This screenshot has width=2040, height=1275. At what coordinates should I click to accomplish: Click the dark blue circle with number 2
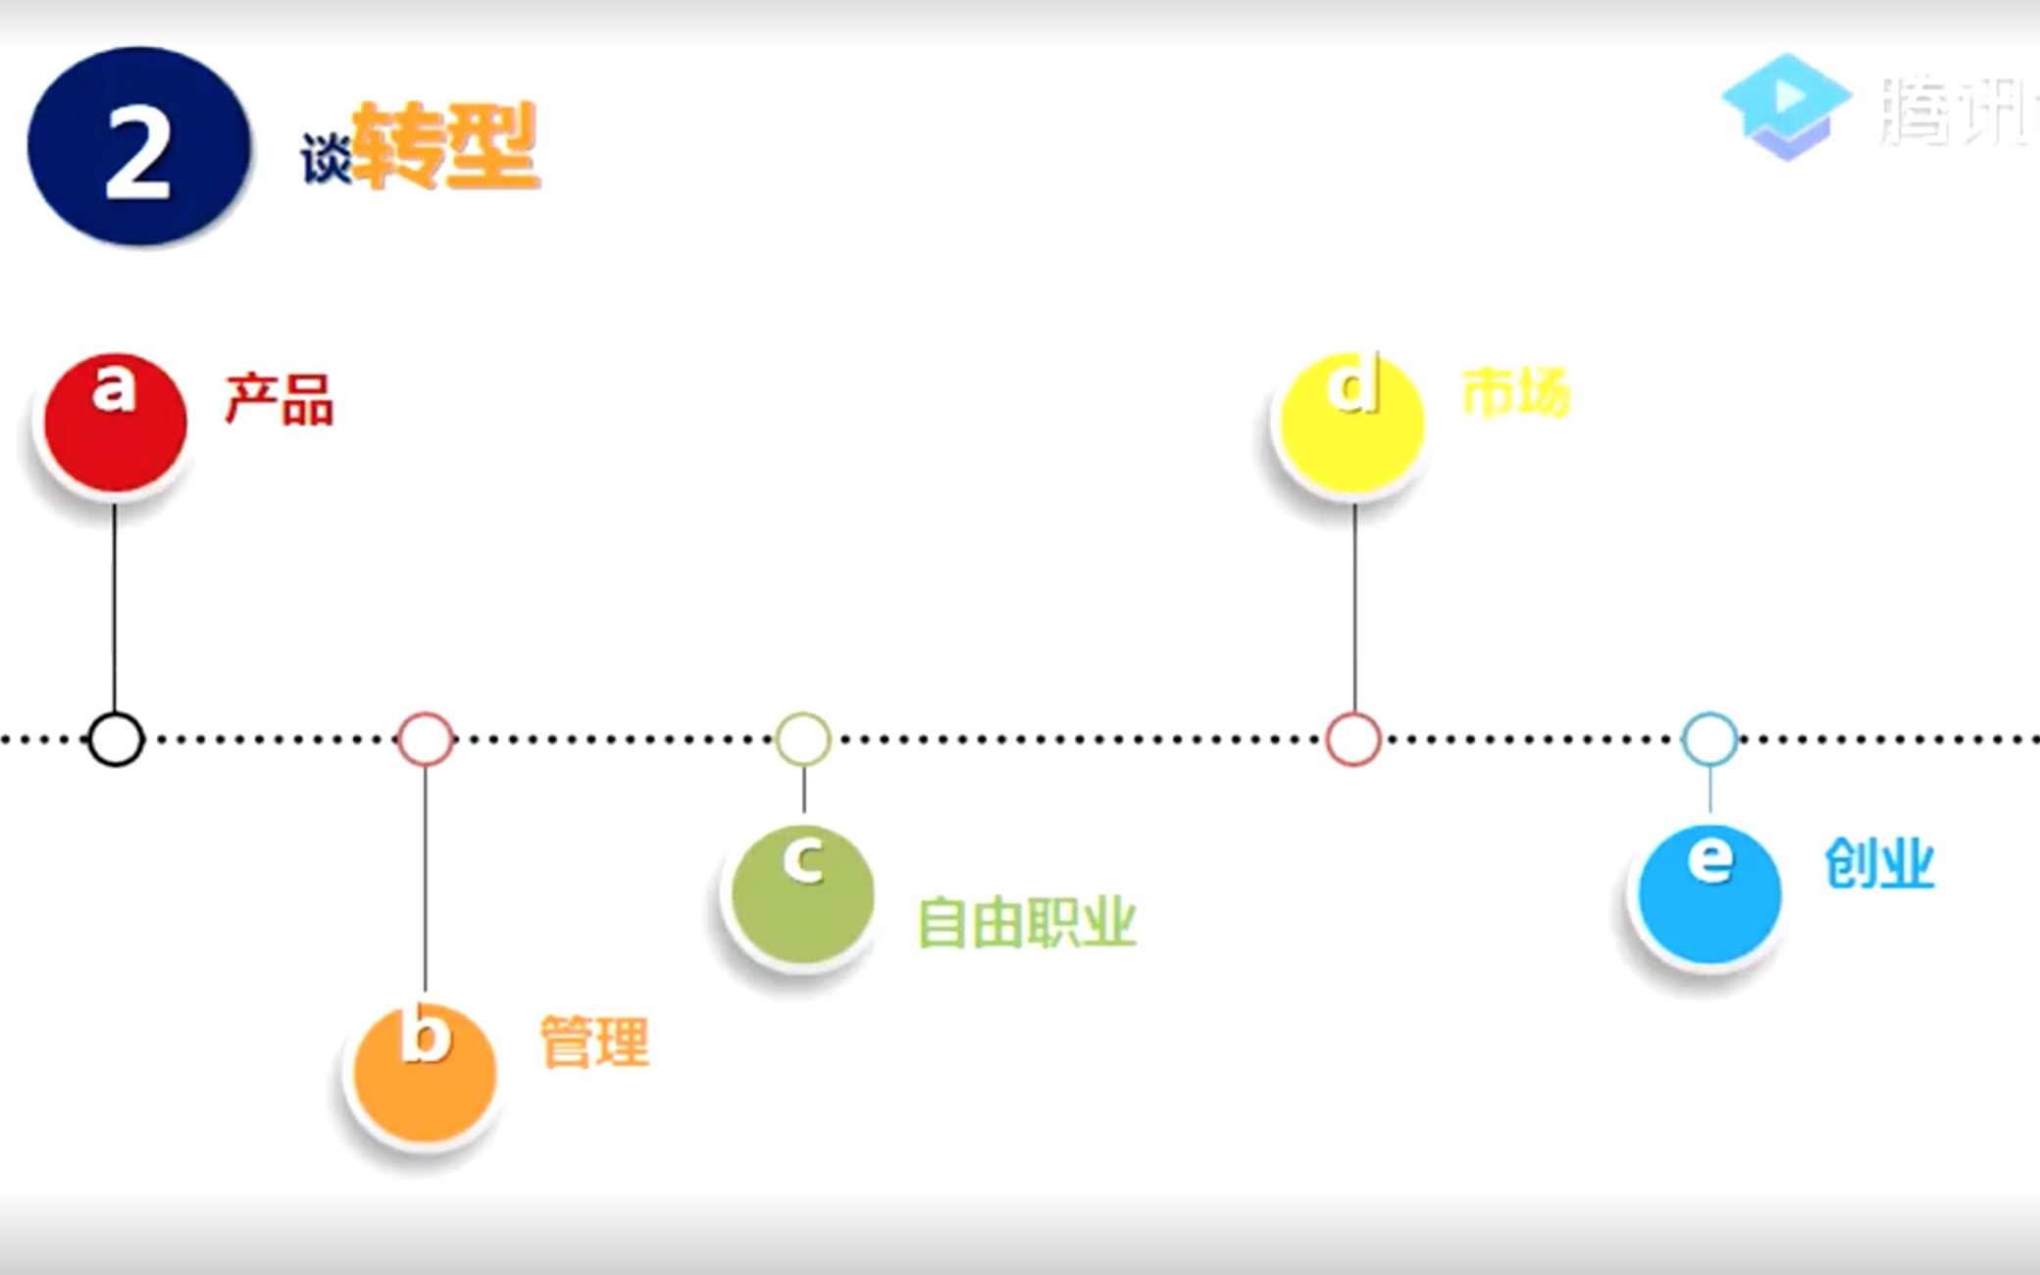(x=138, y=146)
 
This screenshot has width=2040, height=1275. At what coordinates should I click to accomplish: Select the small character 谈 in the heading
(x=326, y=158)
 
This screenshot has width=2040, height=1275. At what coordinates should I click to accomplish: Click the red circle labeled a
(x=115, y=423)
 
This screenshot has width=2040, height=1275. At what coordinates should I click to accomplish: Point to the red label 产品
(x=280, y=399)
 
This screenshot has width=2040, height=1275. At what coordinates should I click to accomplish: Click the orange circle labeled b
(x=424, y=1073)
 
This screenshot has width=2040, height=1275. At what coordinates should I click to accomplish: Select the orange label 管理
(x=594, y=1042)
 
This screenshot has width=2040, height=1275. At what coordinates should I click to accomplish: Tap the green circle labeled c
(x=802, y=893)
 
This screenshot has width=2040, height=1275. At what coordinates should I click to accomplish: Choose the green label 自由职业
(x=1026, y=923)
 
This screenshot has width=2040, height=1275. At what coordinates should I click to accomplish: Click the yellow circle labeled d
(x=1352, y=423)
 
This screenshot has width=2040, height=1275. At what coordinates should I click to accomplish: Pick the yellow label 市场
(x=1516, y=393)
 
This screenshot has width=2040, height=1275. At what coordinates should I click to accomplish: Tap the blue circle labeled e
(x=1709, y=893)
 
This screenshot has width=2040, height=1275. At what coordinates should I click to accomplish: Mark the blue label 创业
(x=1879, y=864)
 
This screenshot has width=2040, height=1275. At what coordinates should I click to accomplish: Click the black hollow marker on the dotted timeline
(x=116, y=739)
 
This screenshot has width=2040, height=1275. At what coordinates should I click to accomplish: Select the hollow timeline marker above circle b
(x=426, y=739)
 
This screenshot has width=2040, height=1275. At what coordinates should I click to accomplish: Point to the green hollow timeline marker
(x=803, y=739)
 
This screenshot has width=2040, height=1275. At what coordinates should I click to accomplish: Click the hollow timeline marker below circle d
(x=1353, y=739)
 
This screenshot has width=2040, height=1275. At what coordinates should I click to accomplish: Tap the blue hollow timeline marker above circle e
(x=1709, y=739)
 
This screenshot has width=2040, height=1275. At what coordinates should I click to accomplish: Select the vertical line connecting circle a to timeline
(x=115, y=608)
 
